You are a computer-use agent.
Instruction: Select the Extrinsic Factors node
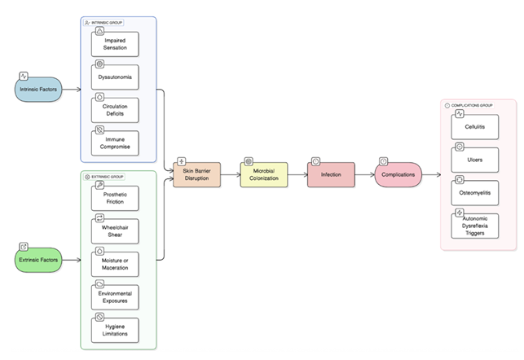[x=37, y=259]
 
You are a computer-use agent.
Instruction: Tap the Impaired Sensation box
[x=115, y=46]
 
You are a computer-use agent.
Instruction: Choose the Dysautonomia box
[x=115, y=78]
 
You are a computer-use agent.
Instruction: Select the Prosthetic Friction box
[x=115, y=198]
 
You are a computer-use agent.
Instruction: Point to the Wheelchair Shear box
[x=115, y=231]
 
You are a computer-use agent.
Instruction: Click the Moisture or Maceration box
[x=115, y=264]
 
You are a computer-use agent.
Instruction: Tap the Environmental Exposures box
[x=115, y=296]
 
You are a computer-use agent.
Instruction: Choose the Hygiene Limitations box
[x=115, y=330]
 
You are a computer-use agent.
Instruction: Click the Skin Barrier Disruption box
[x=196, y=174]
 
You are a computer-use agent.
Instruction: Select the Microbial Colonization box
[x=264, y=174]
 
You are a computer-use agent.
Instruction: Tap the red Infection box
[x=331, y=174]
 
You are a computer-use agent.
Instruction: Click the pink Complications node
[x=399, y=174]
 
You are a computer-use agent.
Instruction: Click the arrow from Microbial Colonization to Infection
[x=297, y=174]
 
